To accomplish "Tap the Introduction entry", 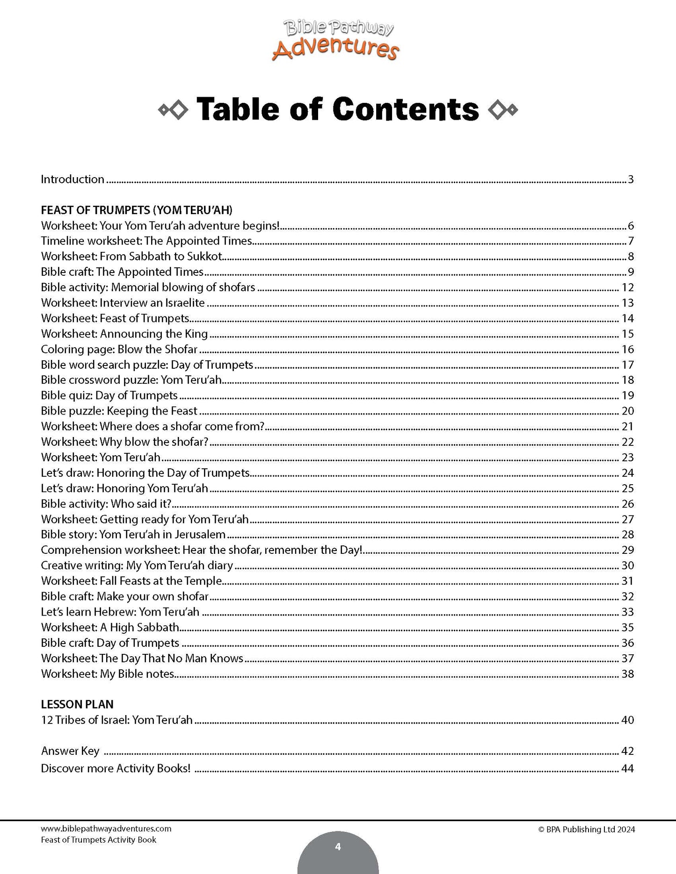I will (73, 179).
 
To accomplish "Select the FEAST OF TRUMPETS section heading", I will (137, 210).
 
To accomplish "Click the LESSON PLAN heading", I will (77, 704).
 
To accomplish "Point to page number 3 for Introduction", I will (631, 179).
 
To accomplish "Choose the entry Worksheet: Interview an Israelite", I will (123, 303).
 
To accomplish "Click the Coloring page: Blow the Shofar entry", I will (119, 349).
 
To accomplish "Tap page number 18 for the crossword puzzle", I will (627, 380).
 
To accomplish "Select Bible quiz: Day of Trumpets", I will (109, 395).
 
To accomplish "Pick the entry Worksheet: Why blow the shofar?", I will (124, 442).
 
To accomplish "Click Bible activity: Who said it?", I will (106, 504).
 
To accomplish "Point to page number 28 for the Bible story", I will (627, 535).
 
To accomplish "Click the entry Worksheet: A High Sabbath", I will (110, 627).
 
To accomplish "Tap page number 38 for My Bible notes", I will (627, 674).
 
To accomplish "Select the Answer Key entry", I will (70, 751).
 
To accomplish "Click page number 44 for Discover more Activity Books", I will (627, 769).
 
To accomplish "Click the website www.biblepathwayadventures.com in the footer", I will (106, 829).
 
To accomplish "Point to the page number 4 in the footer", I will (338, 847).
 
